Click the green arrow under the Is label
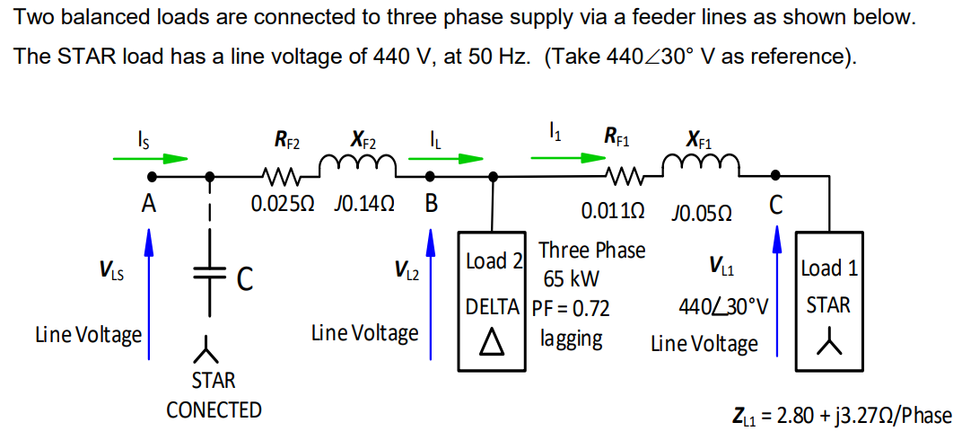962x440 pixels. click(x=150, y=159)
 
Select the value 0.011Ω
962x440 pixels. click(x=612, y=212)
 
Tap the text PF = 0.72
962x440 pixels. click(x=572, y=309)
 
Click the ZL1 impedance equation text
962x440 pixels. click(x=842, y=416)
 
